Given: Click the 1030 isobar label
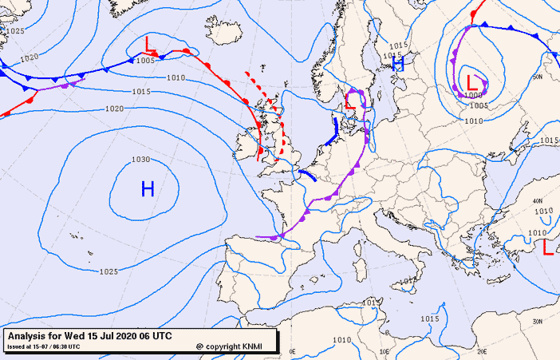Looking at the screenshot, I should pos(140,159).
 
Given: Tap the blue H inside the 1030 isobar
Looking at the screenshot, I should pos(148,188).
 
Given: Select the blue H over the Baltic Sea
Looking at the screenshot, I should pos(398,64).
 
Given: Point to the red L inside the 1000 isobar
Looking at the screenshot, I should pos(472,81).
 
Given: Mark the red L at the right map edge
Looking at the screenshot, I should pos(547,247).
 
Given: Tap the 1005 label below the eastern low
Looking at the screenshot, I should pos(479,105).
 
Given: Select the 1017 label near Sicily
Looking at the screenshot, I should pos(407,282).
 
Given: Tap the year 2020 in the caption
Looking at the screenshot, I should pos(132,335).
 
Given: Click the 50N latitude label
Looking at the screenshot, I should pos(537,77).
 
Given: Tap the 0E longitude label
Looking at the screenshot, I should pos(292,351).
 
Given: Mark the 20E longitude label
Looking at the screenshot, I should pos(482,351).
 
